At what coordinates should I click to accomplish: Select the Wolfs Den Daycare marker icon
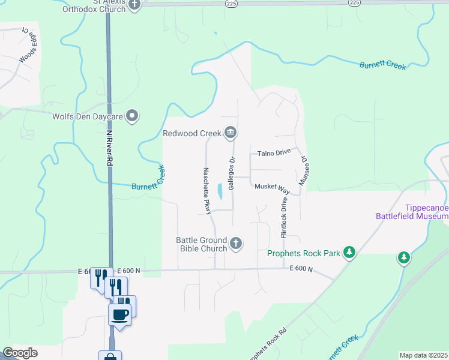click(x=133, y=116)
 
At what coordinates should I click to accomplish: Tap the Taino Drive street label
click(x=274, y=153)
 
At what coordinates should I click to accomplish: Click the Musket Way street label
click(x=272, y=188)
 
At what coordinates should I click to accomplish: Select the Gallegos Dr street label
click(x=231, y=172)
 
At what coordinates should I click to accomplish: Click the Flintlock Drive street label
click(x=283, y=214)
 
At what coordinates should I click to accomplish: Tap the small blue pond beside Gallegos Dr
click(x=220, y=191)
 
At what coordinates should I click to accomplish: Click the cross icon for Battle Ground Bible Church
click(x=237, y=243)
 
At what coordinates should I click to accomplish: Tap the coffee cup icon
click(x=120, y=313)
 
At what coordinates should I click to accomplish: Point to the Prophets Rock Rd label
click(x=268, y=343)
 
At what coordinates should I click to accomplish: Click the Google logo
click(x=20, y=353)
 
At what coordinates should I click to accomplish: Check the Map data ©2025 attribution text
click(x=423, y=355)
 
